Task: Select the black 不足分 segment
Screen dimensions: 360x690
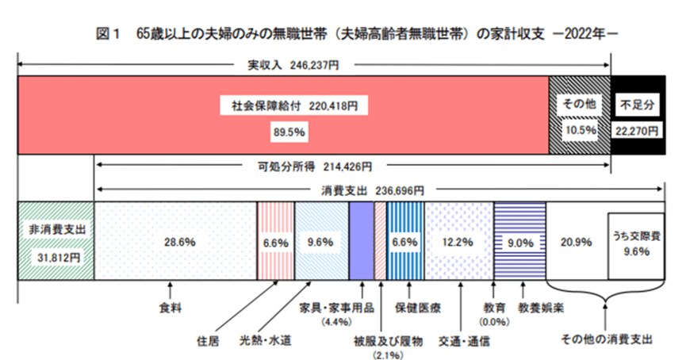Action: [x=637, y=116]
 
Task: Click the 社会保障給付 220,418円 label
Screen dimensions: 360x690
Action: [x=283, y=104]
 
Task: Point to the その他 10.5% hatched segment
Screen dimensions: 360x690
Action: [x=579, y=116]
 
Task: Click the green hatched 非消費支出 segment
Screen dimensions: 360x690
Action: [x=56, y=240]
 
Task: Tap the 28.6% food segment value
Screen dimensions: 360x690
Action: [x=175, y=243]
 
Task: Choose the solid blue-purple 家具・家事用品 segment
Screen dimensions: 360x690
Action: [x=361, y=239]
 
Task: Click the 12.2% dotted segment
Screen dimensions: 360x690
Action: [x=459, y=243]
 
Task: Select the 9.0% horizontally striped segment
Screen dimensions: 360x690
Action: [x=519, y=243]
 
